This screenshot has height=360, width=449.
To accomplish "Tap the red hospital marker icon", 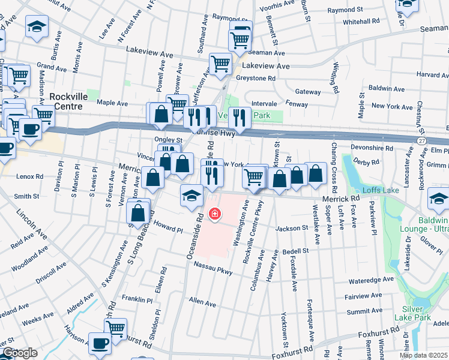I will click(x=214, y=214).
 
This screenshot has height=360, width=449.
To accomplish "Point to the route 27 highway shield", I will click(x=423, y=139).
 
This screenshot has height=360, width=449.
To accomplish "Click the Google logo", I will click(x=19, y=353).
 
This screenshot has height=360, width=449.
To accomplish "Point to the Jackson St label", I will click(x=291, y=228).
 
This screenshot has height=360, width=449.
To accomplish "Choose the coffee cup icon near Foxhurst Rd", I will click(x=100, y=343).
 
